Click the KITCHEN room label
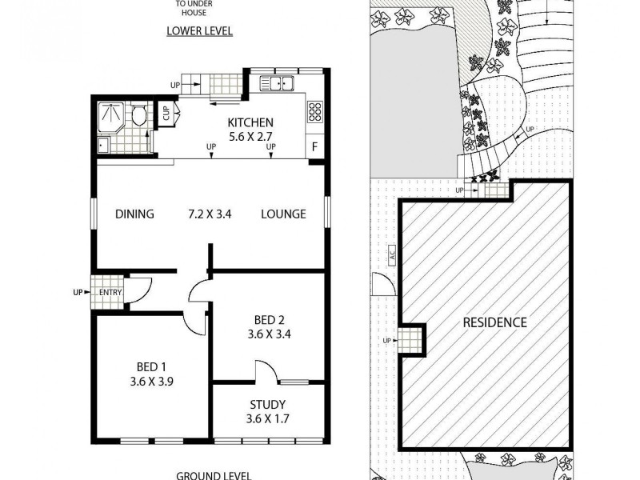tap(250, 122)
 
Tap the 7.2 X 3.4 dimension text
tap(210, 214)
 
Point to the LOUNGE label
tap(283, 214)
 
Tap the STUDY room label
tap(267, 405)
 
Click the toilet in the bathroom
tap(139, 115)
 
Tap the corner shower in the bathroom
tap(109, 115)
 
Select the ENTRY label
tap(110, 292)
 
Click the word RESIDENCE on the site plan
tap(495, 322)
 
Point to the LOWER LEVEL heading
tap(199, 32)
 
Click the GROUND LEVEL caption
tap(210, 474)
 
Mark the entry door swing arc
tap(140, 290)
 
